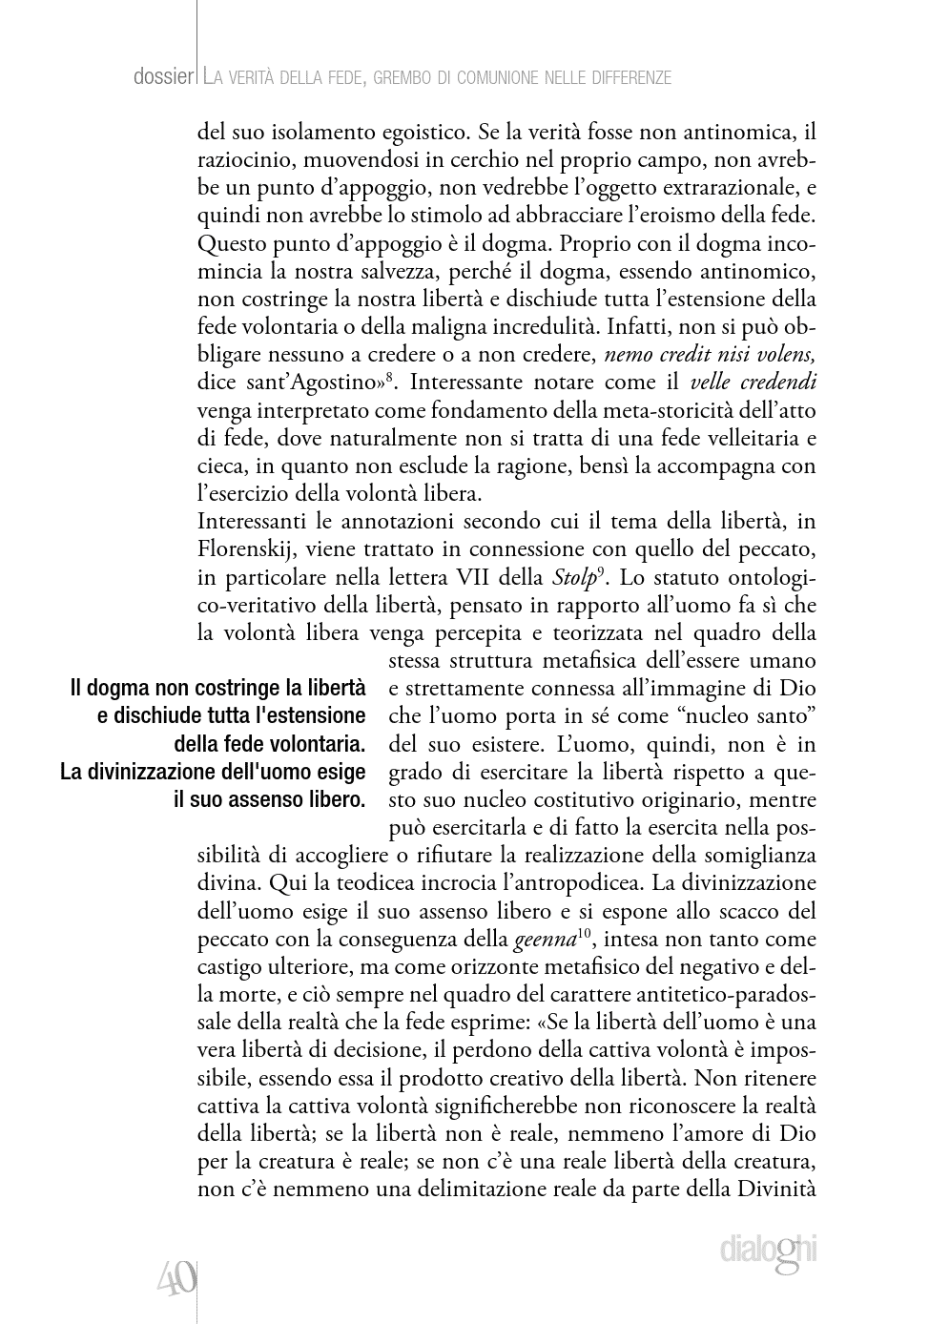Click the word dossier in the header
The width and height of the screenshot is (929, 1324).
pyautogui.click(x=162, y=77)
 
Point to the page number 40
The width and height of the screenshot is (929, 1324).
pyautogui.click(x=176, y=1276)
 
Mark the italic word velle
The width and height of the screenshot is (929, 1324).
pyautogui.click(x=712, y=383)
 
